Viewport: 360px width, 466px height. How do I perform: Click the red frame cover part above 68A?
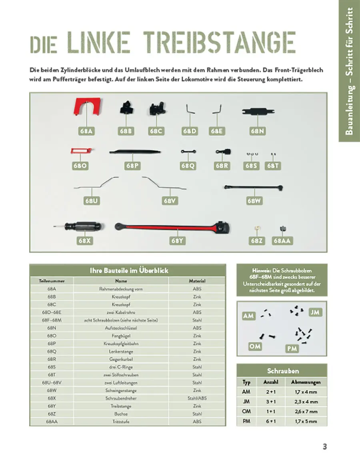87,106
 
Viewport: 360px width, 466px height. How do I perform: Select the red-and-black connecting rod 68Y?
172,228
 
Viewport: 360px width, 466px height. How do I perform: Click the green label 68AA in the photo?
282,240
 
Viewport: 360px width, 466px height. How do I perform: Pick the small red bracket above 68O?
81,151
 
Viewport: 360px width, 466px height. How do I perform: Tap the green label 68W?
254,201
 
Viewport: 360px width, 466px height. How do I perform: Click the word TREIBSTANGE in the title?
220,42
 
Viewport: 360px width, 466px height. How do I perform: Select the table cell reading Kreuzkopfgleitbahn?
121,344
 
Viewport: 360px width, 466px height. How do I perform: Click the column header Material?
197,281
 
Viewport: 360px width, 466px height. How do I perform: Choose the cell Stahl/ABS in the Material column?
197,398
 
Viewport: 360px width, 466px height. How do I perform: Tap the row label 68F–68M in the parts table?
52,320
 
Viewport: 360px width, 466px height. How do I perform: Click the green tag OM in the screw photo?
255,346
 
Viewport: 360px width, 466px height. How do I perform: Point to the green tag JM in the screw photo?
315,312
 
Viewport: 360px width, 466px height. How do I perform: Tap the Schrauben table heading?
282,370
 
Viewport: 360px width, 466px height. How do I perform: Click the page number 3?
325,447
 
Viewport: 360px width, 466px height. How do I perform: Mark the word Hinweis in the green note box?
262,270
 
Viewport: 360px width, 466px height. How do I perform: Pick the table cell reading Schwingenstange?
121,390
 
